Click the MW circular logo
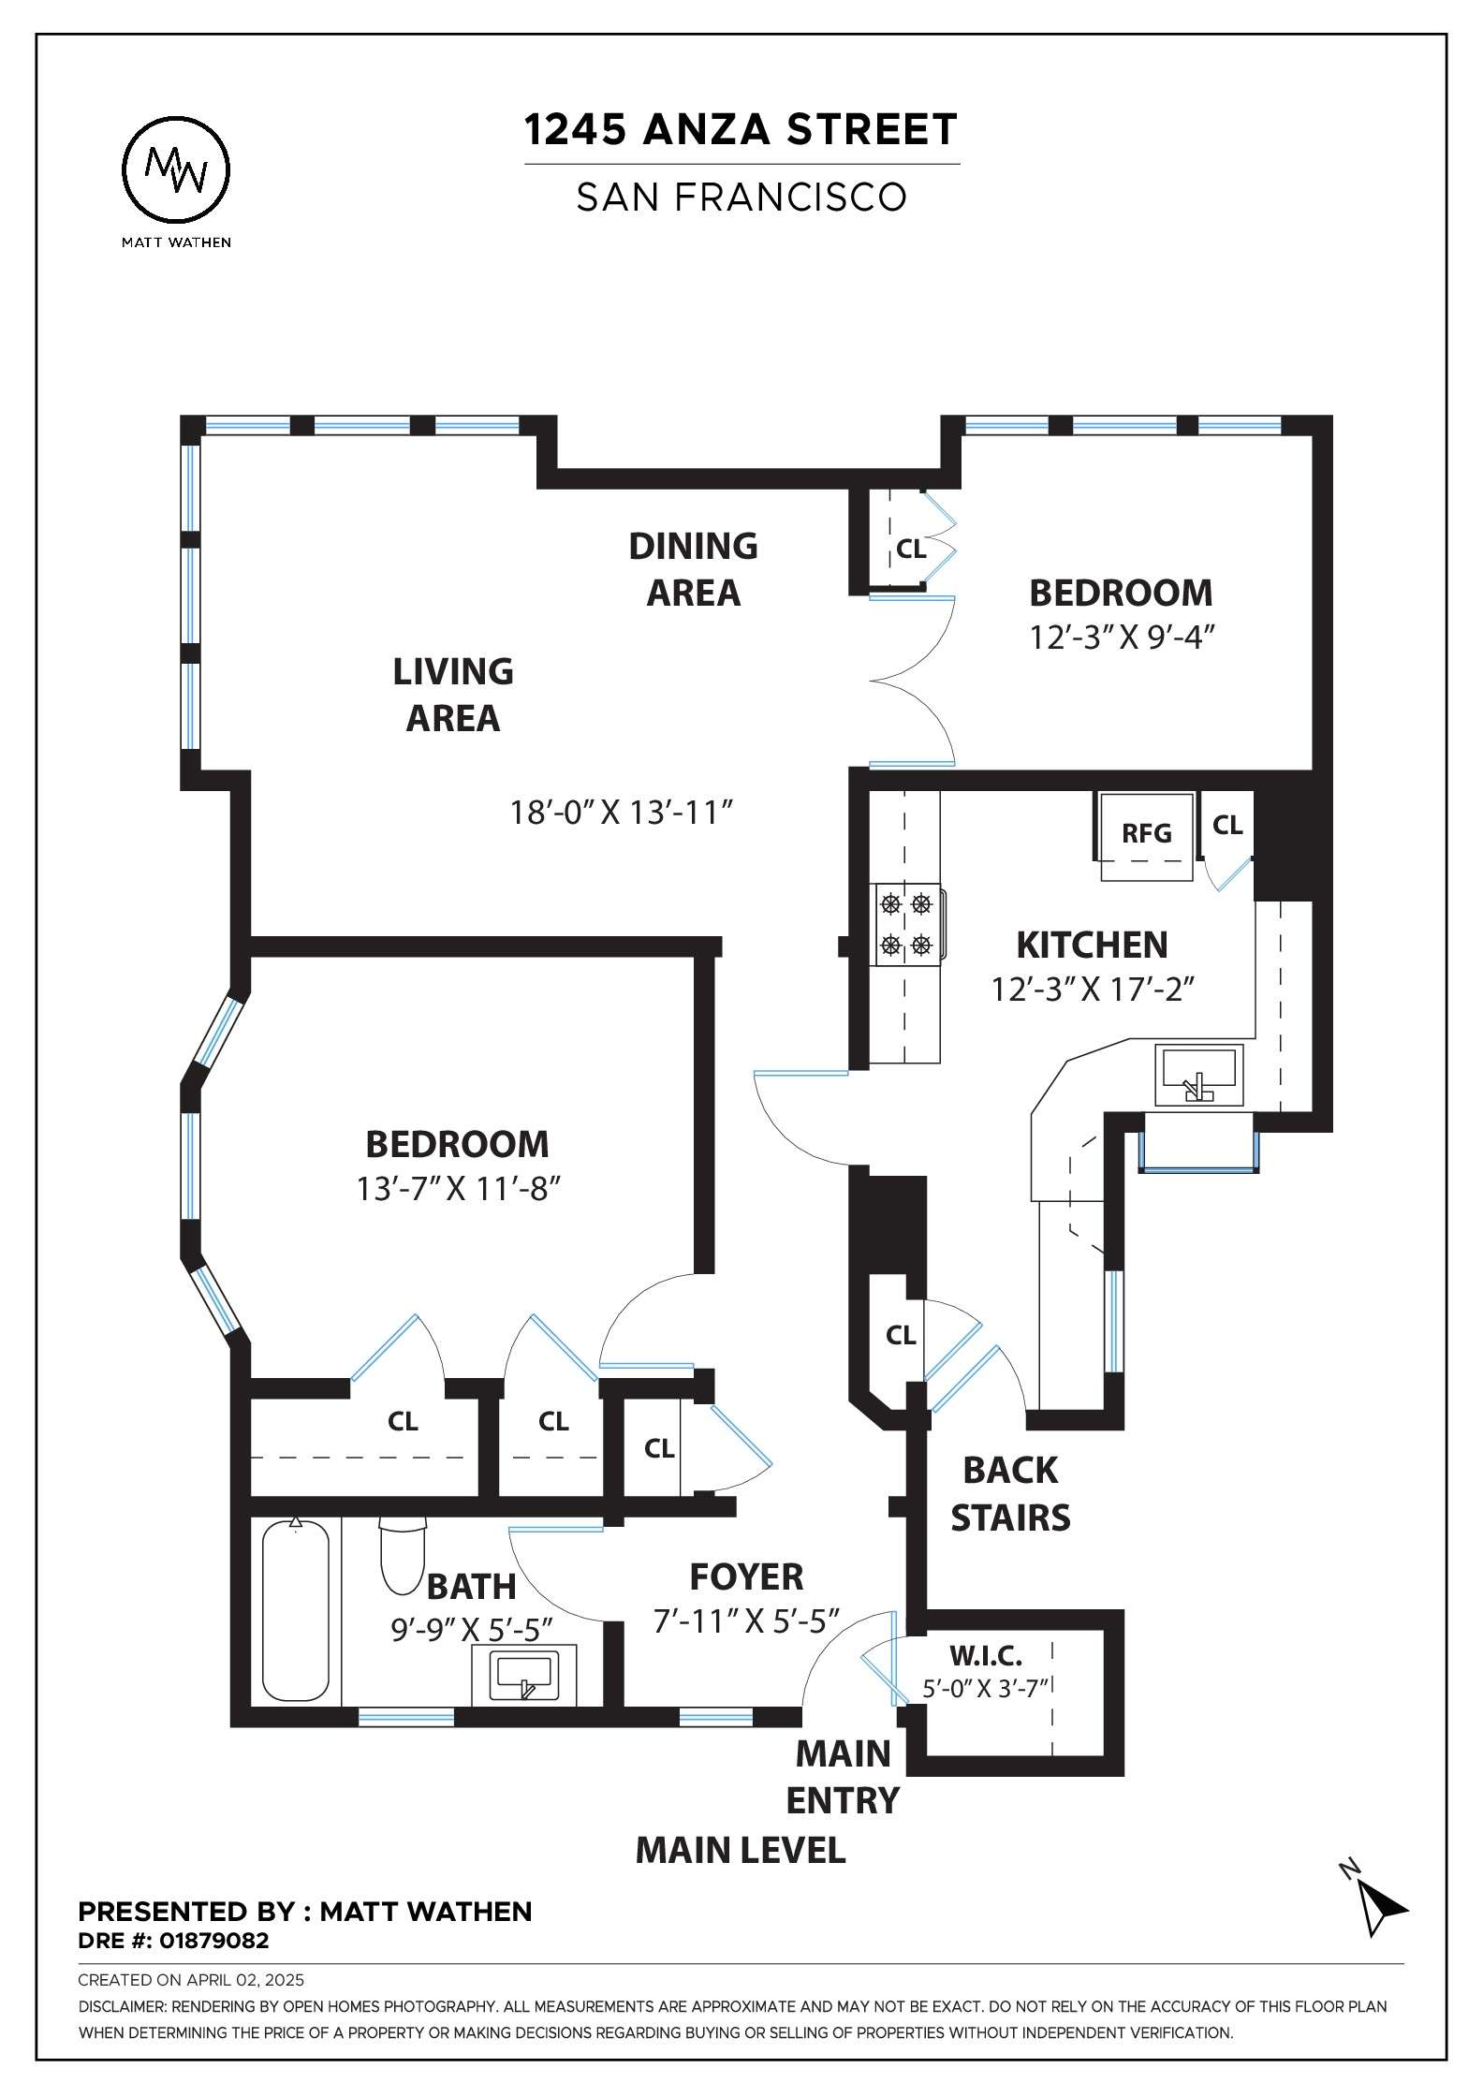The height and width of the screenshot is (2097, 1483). tap(177, 171)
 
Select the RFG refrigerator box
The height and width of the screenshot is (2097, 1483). tap(1147, 836)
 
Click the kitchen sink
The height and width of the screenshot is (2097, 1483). tap(1199, 1076)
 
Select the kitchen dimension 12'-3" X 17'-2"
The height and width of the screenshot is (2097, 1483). tap(1094, 990)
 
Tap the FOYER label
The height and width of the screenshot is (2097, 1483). tap(746, 1576)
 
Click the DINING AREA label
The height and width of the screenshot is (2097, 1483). tap(694, 568)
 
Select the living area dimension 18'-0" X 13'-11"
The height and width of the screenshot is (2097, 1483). tap(620, 812)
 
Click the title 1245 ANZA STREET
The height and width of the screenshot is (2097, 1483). tap(741, 129)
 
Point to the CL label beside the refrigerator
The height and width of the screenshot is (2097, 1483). tap(1227, 825)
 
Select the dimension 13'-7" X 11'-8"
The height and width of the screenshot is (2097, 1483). tap(459, 1189)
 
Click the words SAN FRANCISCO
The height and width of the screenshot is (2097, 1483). tap(741, 198)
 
